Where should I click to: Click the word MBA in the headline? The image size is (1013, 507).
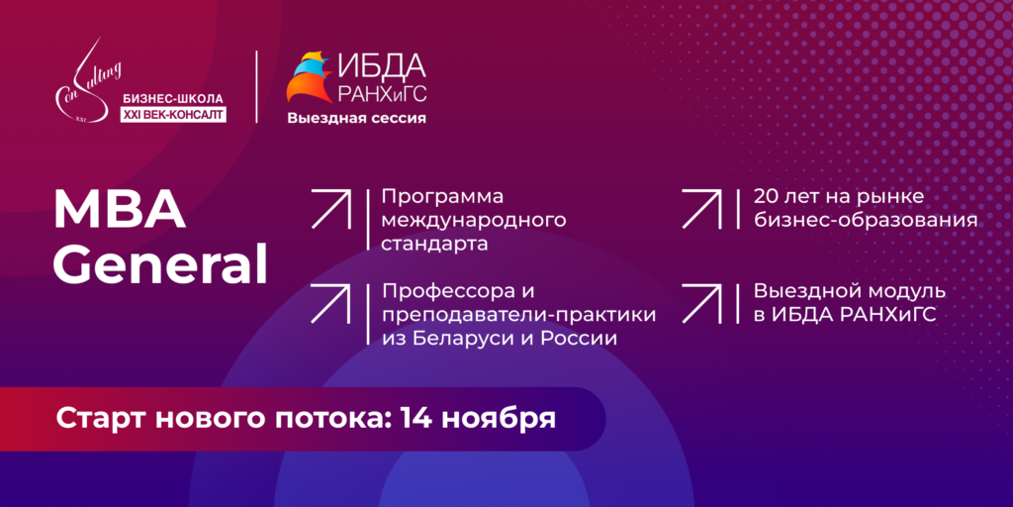tap(120, 211)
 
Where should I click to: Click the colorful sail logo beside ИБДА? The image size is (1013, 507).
tap(310, 77)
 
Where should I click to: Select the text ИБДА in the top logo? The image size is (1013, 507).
tap(382, 66)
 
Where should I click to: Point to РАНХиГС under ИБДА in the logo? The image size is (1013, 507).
tap(382, 94)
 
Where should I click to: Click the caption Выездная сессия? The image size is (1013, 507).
tap(356, 119)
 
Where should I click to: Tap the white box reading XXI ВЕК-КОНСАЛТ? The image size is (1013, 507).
tap(173, 115)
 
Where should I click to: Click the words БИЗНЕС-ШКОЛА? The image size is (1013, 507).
tap(172, 99)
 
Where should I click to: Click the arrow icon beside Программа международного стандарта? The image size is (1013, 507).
tap(330, 209)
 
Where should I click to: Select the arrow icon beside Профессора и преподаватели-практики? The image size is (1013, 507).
tap(330, 303)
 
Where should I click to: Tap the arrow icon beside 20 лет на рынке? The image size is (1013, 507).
tap(701, 209)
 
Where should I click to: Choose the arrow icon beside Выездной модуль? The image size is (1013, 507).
tap(701, 303)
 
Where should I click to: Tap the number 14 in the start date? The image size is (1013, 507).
tap(416, 419)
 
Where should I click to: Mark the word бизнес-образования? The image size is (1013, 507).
tap(865, 221)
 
